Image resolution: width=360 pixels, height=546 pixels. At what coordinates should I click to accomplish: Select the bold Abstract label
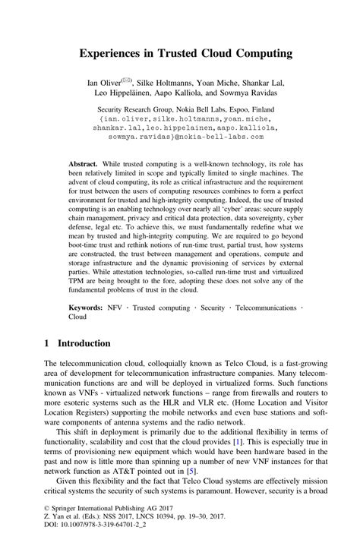coord(84,164)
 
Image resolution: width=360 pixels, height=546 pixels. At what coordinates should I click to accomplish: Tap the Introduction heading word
coord(84,343)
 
